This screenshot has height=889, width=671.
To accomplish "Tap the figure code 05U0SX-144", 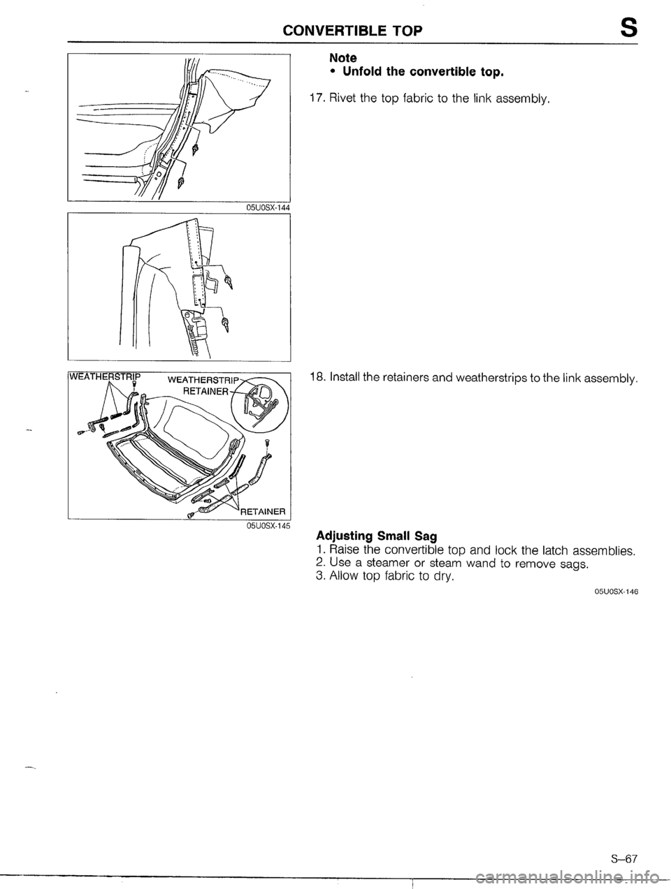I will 264,207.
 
